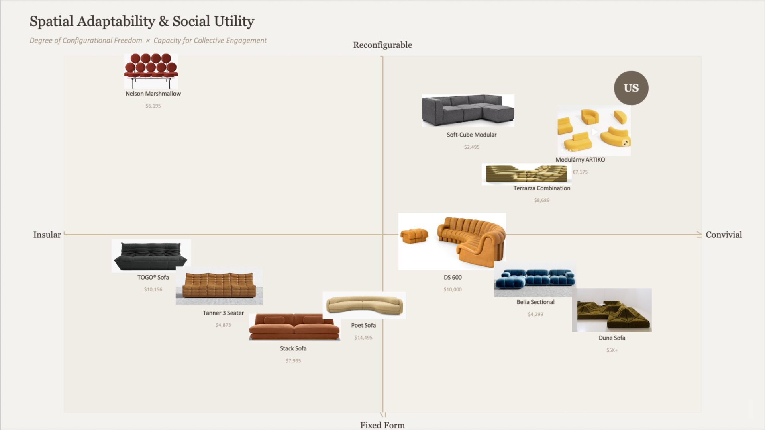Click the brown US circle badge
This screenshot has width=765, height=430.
click(631, 88)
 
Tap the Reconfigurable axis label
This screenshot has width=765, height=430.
click(382, 45)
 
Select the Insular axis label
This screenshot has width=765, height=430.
click(47, 235)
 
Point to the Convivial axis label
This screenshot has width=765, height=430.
click(724, 235)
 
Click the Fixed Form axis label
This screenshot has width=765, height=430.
click(382, 425)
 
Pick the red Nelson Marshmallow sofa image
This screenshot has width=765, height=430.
click(151, 71)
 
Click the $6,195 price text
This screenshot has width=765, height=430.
click(153, 106)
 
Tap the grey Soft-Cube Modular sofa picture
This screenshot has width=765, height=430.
click(468, 110)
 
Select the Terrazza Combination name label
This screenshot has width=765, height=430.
click(541, 188)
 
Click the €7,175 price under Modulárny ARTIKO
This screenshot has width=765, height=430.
click(580, 172)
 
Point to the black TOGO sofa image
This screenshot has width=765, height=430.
click(151, 256)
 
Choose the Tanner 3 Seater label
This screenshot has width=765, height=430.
click(223, 313)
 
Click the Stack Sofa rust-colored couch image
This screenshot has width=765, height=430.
click(294, 326)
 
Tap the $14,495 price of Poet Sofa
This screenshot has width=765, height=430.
click(363, 338)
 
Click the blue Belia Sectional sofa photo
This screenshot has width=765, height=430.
click(535, 279)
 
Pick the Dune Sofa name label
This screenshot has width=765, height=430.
click(612, 338)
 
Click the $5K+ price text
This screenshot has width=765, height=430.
click(612, 350)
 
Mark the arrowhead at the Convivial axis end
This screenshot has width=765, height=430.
click(699, 235)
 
